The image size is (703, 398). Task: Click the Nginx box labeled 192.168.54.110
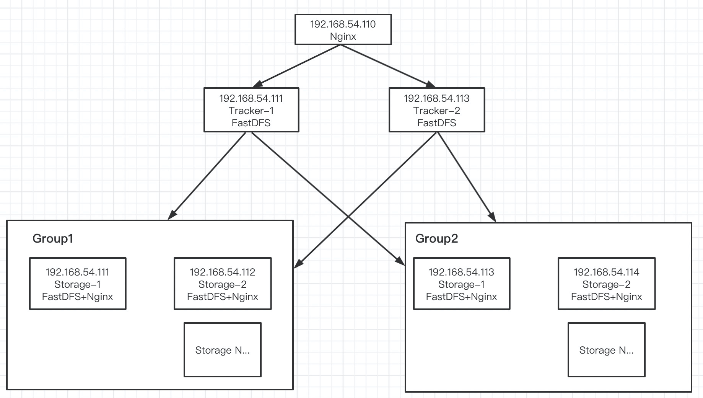pyautogui.click(x=343, y=30)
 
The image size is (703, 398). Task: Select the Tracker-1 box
pyautogui.click(x=251, y=110)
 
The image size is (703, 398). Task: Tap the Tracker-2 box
pyautogui.click(x=436, y=110)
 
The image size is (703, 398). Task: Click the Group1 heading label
pyautogui.click(x=53, y=238)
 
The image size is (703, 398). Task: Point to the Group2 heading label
pyautogui.click(x=436, y=238)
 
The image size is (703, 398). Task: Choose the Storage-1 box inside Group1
pyautogui.click(x=78, y=284)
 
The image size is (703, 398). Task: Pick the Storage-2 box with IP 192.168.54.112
pyautogui.click(x=223, y=284)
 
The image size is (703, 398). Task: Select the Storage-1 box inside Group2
pyautogui.click(x=462, y=284)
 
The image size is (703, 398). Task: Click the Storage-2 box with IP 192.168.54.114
pyautogui.click(x=607, y=284)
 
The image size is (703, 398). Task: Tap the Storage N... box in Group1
pyautogui.click(x=223, y=350)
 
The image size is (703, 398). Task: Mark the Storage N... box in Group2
pyautogui.click(x=607, y=350)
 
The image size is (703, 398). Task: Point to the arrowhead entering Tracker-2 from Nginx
pyautogui.click(x=431, y=85)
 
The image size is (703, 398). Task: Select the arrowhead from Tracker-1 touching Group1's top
pyautogui.click(x=172, y=215)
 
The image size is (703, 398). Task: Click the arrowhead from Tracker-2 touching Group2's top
pyautogui.click(x=493, y=217)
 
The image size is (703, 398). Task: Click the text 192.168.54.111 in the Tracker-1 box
pyautogui.click(x=251, y=98)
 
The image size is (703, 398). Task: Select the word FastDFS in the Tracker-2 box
pyautogui.click(x=436, y=123)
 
